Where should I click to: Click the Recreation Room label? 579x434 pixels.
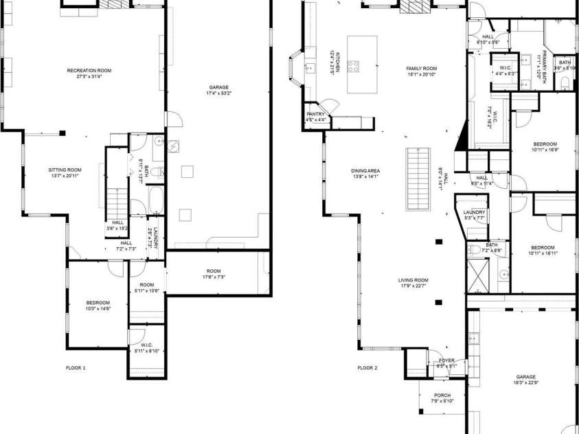click(89, 73)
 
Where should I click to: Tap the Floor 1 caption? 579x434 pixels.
click(76, 368)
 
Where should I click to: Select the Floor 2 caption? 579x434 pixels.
click(367, 368)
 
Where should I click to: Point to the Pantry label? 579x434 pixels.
click(315, 117)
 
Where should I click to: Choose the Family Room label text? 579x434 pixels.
click(421, 71)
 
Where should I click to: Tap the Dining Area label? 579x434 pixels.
click(366, 172)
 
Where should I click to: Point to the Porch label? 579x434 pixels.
click(442, 398)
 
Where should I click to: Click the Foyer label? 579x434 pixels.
click(446, 363)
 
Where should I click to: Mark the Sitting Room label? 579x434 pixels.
click(65, 172)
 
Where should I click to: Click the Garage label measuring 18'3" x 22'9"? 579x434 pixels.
click(526, 379)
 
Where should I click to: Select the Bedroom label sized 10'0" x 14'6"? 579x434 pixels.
click(98, 306)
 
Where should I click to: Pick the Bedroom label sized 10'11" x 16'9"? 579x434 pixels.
click(545, 146)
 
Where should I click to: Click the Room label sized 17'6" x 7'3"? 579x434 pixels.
click(214, 273)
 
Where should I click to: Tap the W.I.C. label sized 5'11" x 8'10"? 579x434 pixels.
click(146, 348)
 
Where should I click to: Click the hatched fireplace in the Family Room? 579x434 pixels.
click(413, 7)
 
